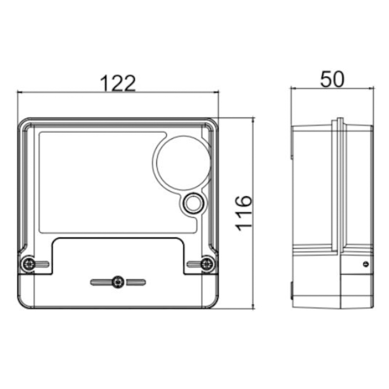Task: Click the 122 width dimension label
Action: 118,83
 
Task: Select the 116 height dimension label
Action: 244,213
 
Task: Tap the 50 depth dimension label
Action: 332,79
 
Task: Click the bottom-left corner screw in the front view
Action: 29,264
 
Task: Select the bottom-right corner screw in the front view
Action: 208,264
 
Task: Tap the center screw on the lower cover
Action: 118,282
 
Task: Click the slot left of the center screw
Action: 101,283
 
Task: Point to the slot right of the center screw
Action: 136,283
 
